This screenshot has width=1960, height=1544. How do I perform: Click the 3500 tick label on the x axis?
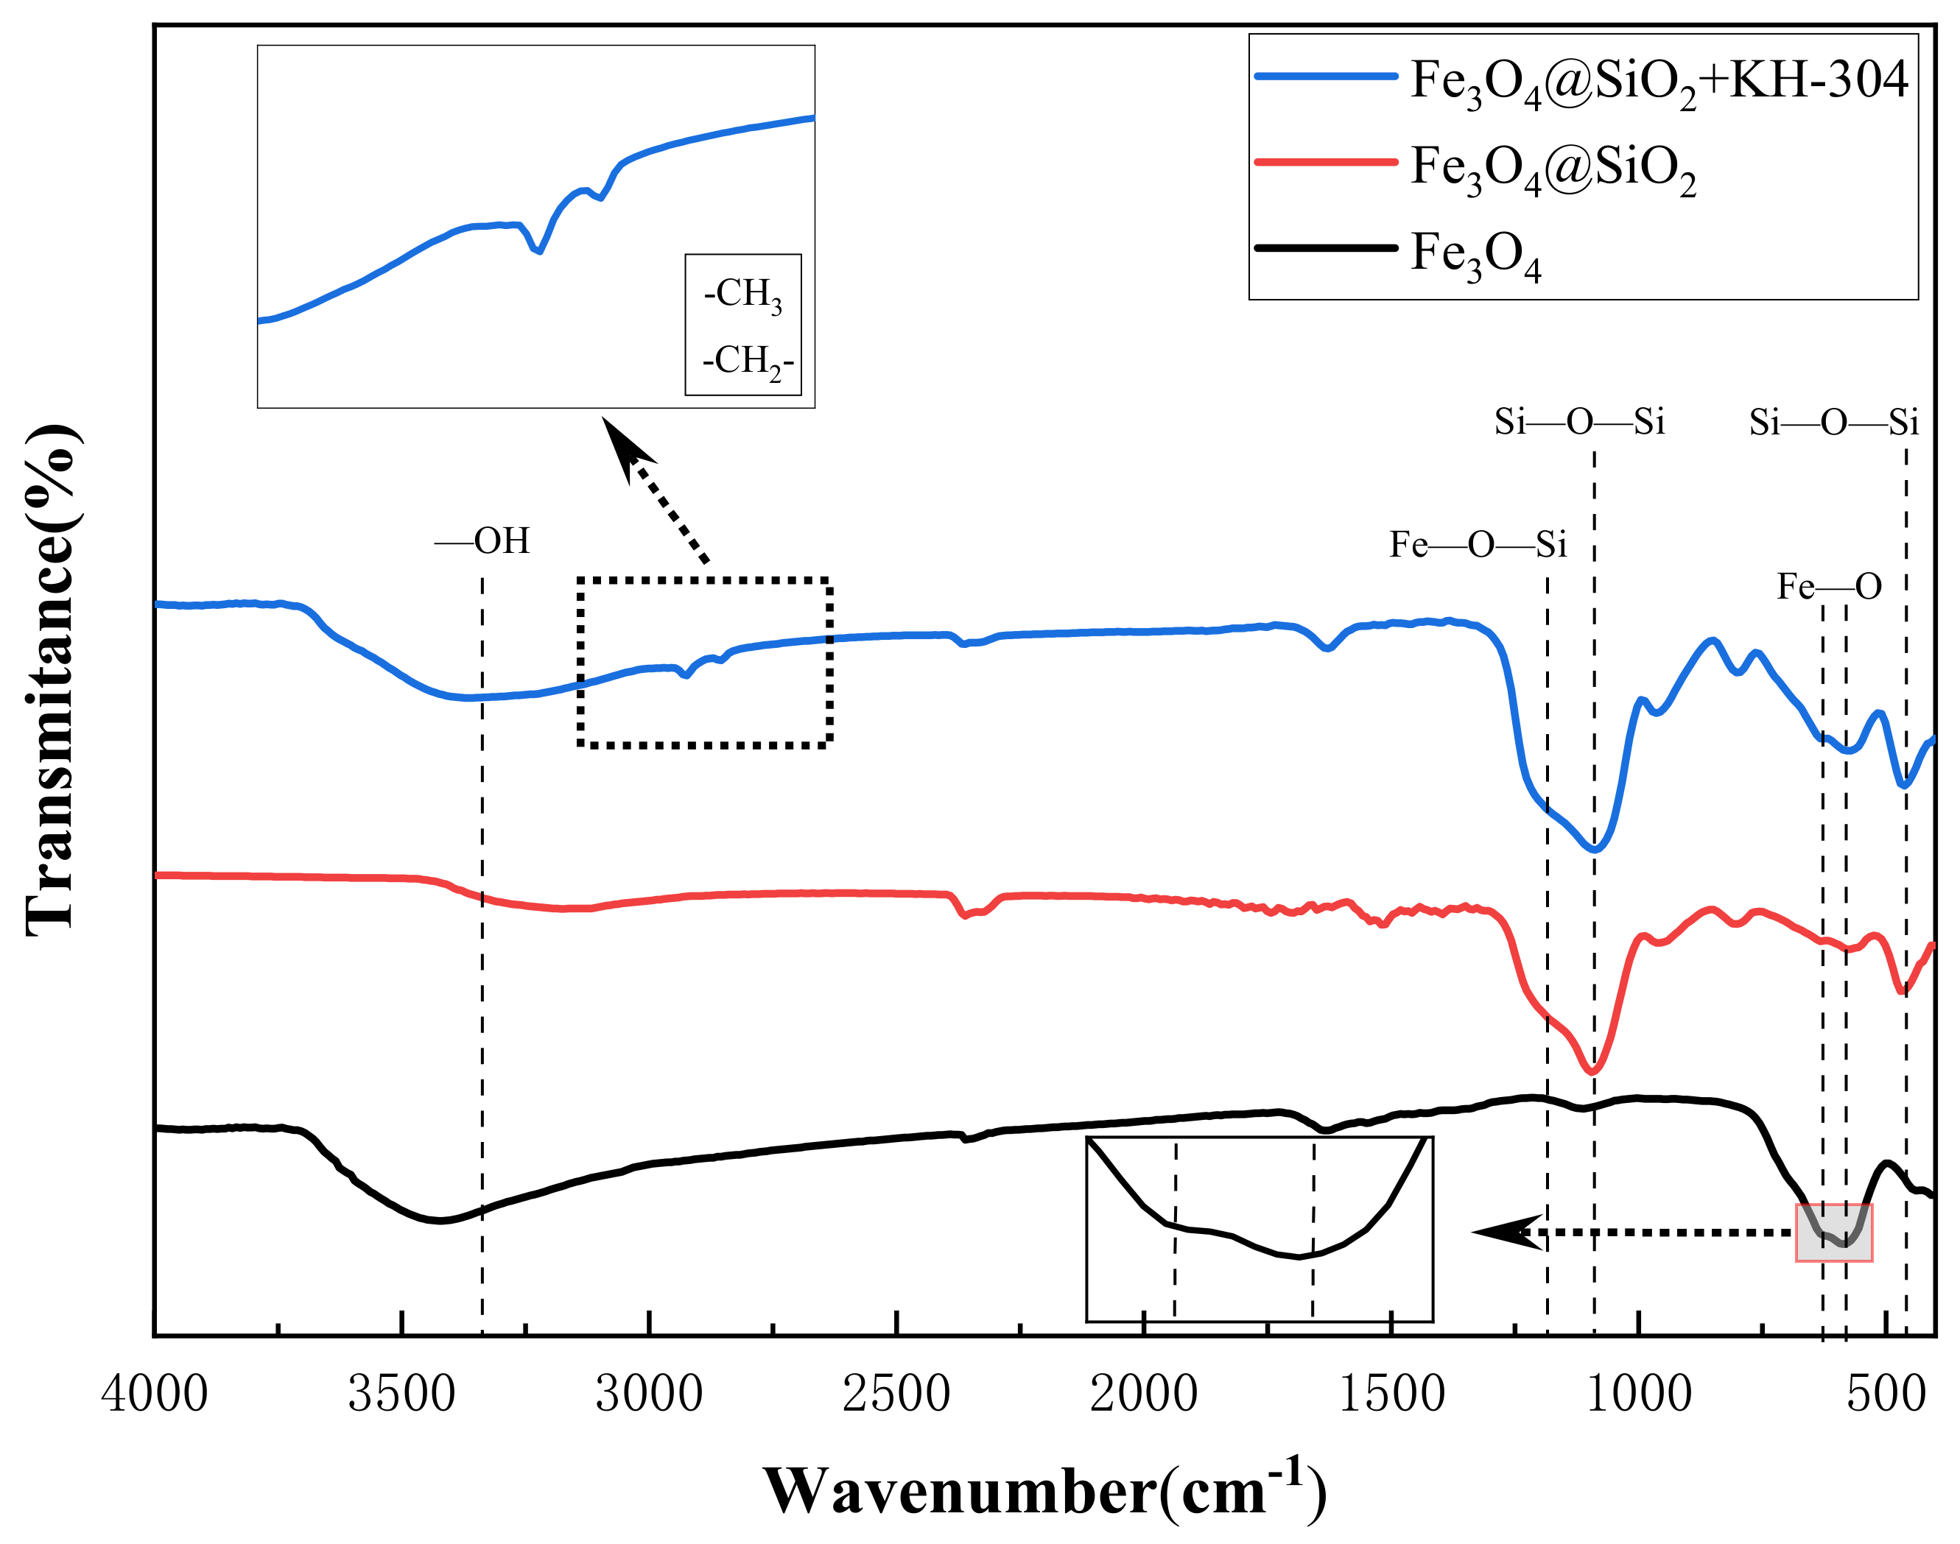pyautogui.click(x=401, y=1393)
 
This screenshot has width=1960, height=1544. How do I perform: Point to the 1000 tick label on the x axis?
pyautogui.click(x=1638, y=1393)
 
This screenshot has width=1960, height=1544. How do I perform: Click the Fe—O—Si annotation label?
pyautogui.click(x=1478, y=545)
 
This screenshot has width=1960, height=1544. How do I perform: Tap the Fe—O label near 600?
pyautogui.click(x=1829, y=588)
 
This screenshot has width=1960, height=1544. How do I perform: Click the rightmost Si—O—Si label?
pyautogui.click(x=1833, y=422)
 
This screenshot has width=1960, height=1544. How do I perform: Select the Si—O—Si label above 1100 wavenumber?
pyautogui.click(x=1578, y=422)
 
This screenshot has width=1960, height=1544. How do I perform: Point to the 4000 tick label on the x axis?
pyautogui.click(x=155, y=1393)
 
